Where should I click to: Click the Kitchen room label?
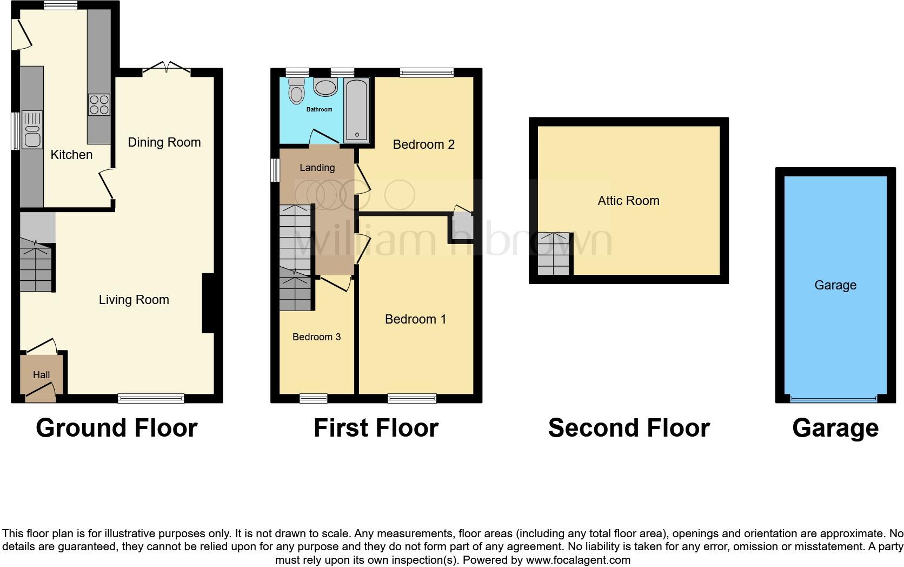click(x=71, y=155)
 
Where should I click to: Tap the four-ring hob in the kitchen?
click(x=99, y=104)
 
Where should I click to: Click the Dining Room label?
click(x=164, y=142)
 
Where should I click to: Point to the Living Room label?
click(x=134, y=300)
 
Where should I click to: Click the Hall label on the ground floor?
click(x=41, y=375)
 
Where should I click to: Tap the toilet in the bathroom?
click(x=296, y=91)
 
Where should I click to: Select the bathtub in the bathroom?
click(x=356, y=110)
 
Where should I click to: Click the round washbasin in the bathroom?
click(x=325, y=87)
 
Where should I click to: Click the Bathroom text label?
click(x=319, y=110)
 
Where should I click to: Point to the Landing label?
click(x=317, y=168)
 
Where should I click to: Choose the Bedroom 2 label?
click(x=423, y=144)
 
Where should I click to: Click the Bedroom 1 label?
click(x=415, y=319)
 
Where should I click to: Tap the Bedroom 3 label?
click(x=316, y=337)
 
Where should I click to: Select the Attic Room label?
click(x=628, y=201)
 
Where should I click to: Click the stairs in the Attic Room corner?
click(x=554, y=254)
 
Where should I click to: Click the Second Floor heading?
click(x=628, y=428)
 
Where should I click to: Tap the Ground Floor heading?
click(x=116, y=428)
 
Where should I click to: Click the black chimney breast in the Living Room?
click(x=209, y=303)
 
